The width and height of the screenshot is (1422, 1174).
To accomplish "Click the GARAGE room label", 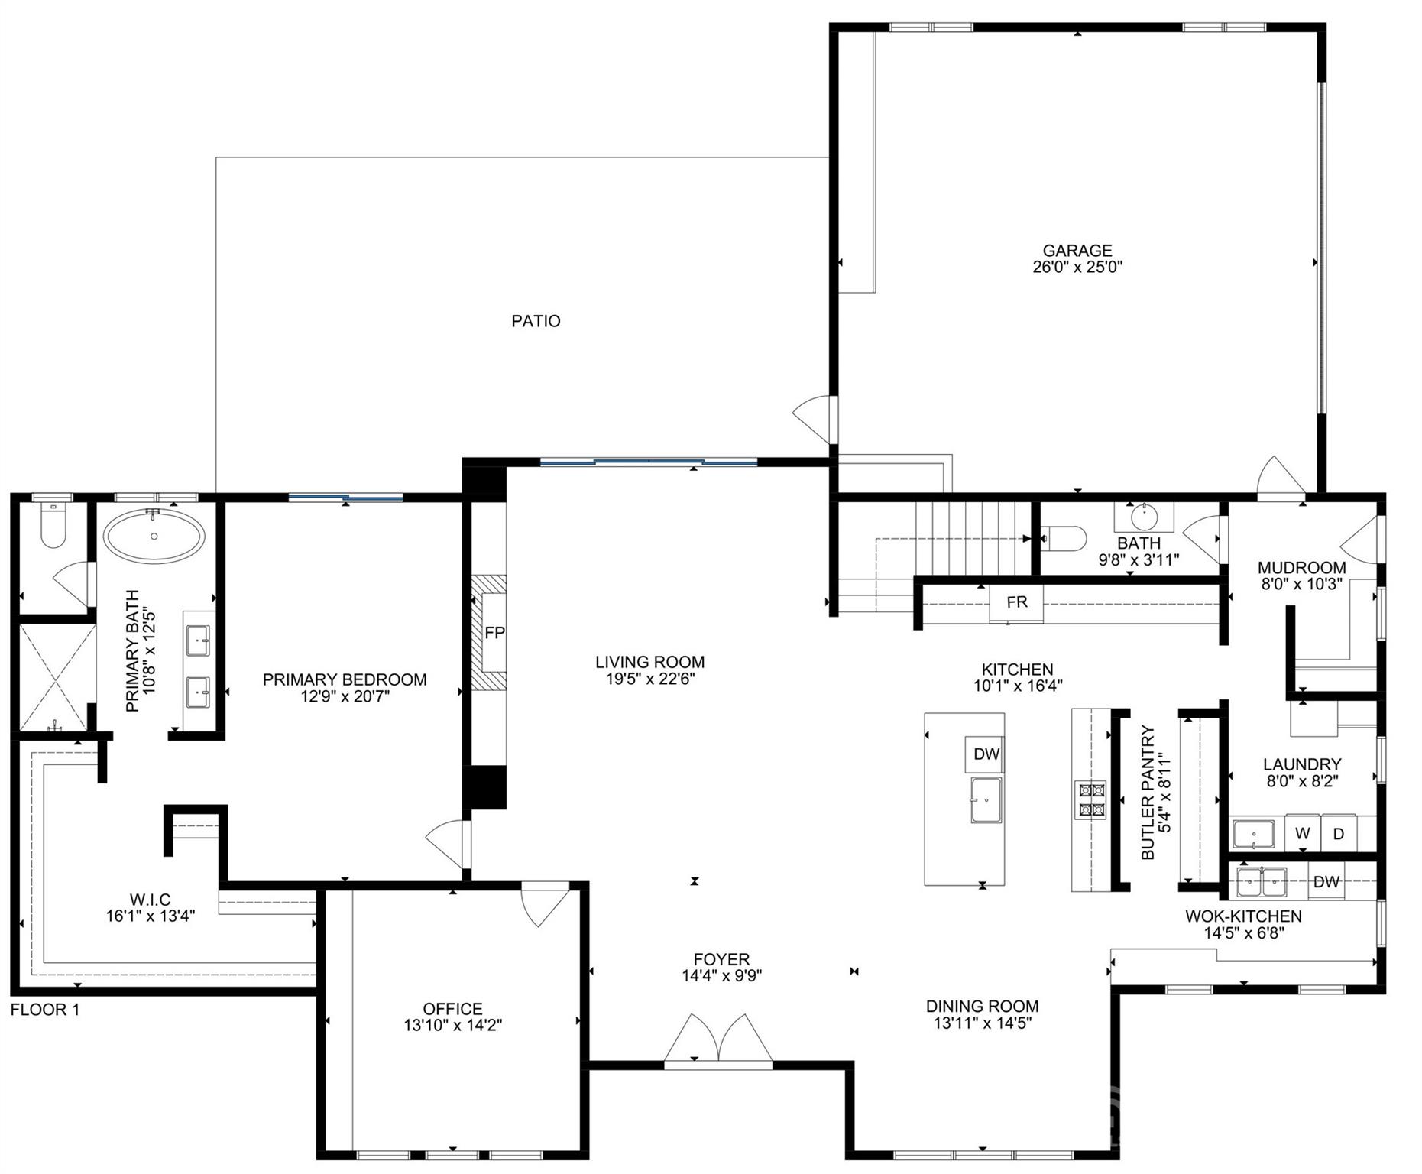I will pyautogui.click(x=1077, y=251).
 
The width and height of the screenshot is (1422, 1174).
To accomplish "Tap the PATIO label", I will pyautogui.click(x=536, y=321).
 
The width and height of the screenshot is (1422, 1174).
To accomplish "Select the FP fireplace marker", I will pyautogui.click(x=494, y=633).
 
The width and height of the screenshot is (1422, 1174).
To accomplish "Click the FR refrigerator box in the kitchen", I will pyautogui.click(x=1016, y=602).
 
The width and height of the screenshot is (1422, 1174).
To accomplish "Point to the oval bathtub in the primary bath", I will pyautogui.click(x=154, y=537).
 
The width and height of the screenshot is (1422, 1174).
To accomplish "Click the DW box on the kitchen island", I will pyautogui.click(x=986, y=754).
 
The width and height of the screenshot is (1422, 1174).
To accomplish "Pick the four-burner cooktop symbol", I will pyautogui.click(x=1090, y=799).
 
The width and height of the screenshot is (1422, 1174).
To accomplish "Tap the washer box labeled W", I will pyautogui.click(x=1302, y=834).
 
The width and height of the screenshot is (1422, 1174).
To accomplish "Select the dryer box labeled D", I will pyautogui.click(x=1338, y=834).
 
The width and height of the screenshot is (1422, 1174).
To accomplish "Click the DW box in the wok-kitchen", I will pyautogui.click(x=1326, y=881).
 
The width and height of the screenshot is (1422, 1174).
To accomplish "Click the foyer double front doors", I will pyautogui.click(x=718, y=1039).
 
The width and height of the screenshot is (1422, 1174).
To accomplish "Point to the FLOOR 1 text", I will pyautogui.click(x=45, y=1010).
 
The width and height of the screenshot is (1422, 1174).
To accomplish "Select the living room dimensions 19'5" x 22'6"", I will pyautogui.click(x=649, y=679).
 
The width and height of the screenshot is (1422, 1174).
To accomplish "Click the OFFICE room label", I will pyautogui.click(x=452, y=1009).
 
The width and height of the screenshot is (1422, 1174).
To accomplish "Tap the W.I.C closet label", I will pyautogui.click(x=150, y=900).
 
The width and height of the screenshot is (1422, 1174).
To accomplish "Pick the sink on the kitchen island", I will pyautogui.click(x=986, y=800).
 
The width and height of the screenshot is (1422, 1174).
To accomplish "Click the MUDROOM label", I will pyautogui.click(x=1301, y=568).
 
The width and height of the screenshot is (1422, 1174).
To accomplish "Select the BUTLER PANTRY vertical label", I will pyautogui.click(x=1148, y=792).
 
